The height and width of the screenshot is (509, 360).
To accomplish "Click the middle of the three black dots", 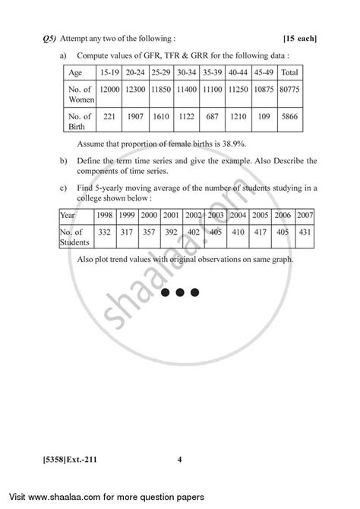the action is [x=180, y=291].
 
